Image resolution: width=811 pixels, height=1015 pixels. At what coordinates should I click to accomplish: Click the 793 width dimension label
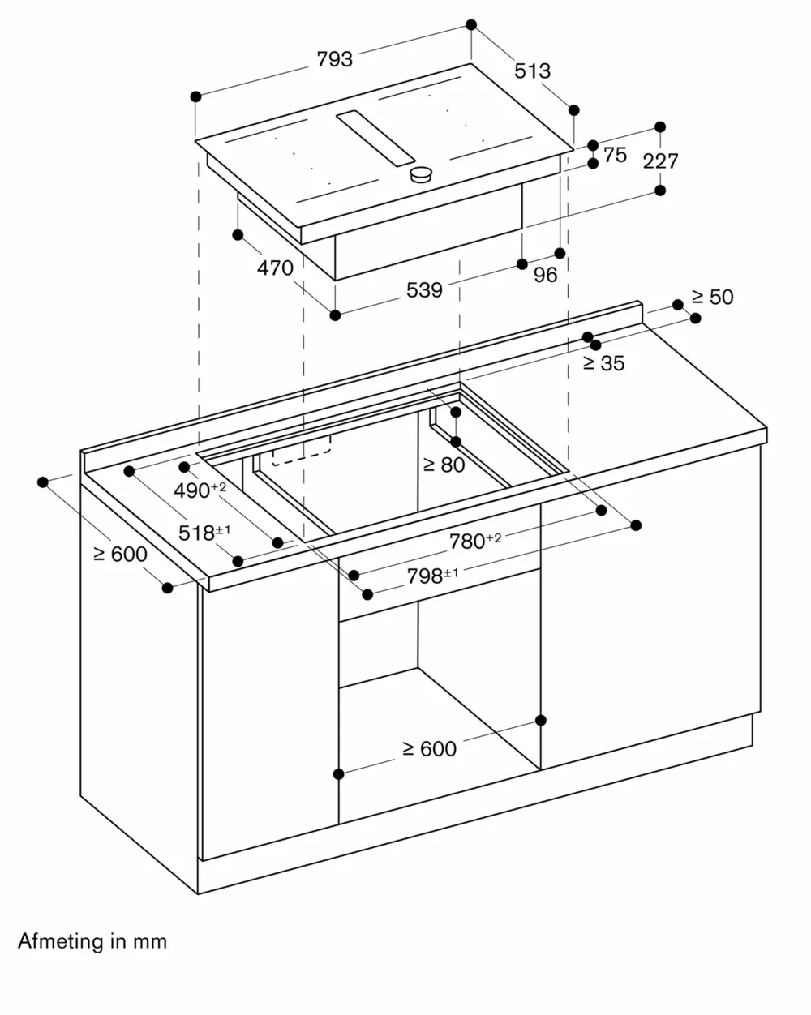click(335, 59)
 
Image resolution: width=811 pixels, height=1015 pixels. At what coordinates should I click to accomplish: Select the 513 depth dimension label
click(533, 71)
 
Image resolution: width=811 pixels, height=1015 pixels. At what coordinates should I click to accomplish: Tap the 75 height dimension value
click(616, 154)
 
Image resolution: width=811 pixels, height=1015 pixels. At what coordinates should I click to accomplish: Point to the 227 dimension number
click(660, 161)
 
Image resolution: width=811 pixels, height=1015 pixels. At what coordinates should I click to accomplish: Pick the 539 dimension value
click(424, 289)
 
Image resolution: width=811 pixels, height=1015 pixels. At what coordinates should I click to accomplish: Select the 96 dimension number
click(546, 275)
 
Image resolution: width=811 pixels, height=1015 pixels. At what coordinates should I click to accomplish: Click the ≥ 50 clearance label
click(712, 297)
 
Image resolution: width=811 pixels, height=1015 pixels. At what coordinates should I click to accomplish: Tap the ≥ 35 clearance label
click(603, 363)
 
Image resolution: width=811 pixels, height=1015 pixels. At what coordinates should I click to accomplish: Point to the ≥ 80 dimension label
click(444, 465)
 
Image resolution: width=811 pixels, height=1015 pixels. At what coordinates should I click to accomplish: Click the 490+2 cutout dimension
click(200, 490)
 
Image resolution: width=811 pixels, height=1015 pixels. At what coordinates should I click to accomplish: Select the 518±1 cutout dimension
click(204, 533)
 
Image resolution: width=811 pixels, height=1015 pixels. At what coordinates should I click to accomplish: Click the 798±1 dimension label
click(432, 576)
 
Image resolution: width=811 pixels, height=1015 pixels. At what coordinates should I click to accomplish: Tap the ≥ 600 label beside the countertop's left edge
click(120, 554)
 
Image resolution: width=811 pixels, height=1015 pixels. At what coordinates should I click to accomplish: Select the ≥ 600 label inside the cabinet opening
click(429, 749)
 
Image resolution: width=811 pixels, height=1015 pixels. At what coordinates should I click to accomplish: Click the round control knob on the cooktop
click(421, 174)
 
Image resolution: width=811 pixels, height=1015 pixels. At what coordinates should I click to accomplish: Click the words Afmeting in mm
click(92, 941)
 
